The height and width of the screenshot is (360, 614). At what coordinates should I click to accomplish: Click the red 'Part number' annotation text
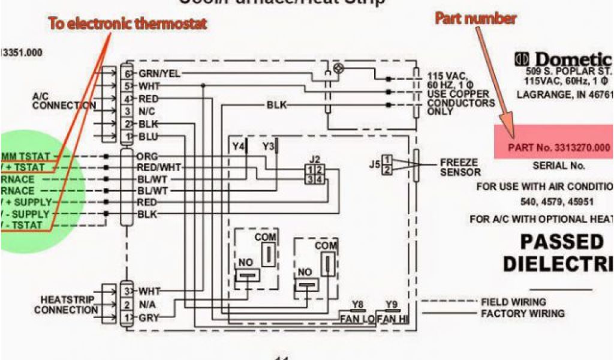coord(475,19)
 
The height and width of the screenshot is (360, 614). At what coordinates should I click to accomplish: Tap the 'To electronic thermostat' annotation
coord(127,25)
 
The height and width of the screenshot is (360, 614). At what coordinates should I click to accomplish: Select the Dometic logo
coord(564,59)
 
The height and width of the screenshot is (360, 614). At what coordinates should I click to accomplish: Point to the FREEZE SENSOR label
coord(460,167)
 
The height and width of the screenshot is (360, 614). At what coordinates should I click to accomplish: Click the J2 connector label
coord(314,160)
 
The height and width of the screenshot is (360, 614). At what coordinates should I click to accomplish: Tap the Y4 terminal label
coord(239,146)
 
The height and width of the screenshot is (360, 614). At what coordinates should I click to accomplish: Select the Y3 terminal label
coord(268,146)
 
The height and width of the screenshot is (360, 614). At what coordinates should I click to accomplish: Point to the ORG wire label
coord(147,156)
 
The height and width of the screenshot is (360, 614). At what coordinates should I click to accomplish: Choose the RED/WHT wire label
coord(159,167)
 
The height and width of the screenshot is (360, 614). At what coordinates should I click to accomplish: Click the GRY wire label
coord(149,317)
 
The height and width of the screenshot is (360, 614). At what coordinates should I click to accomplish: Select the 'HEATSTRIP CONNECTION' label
coord(66,305)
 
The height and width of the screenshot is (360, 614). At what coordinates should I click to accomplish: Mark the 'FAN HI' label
coord(392,319)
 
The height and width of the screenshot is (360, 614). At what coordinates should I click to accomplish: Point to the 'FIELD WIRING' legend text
coord(513,302)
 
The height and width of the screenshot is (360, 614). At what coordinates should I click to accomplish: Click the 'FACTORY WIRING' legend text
coord(522,314)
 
